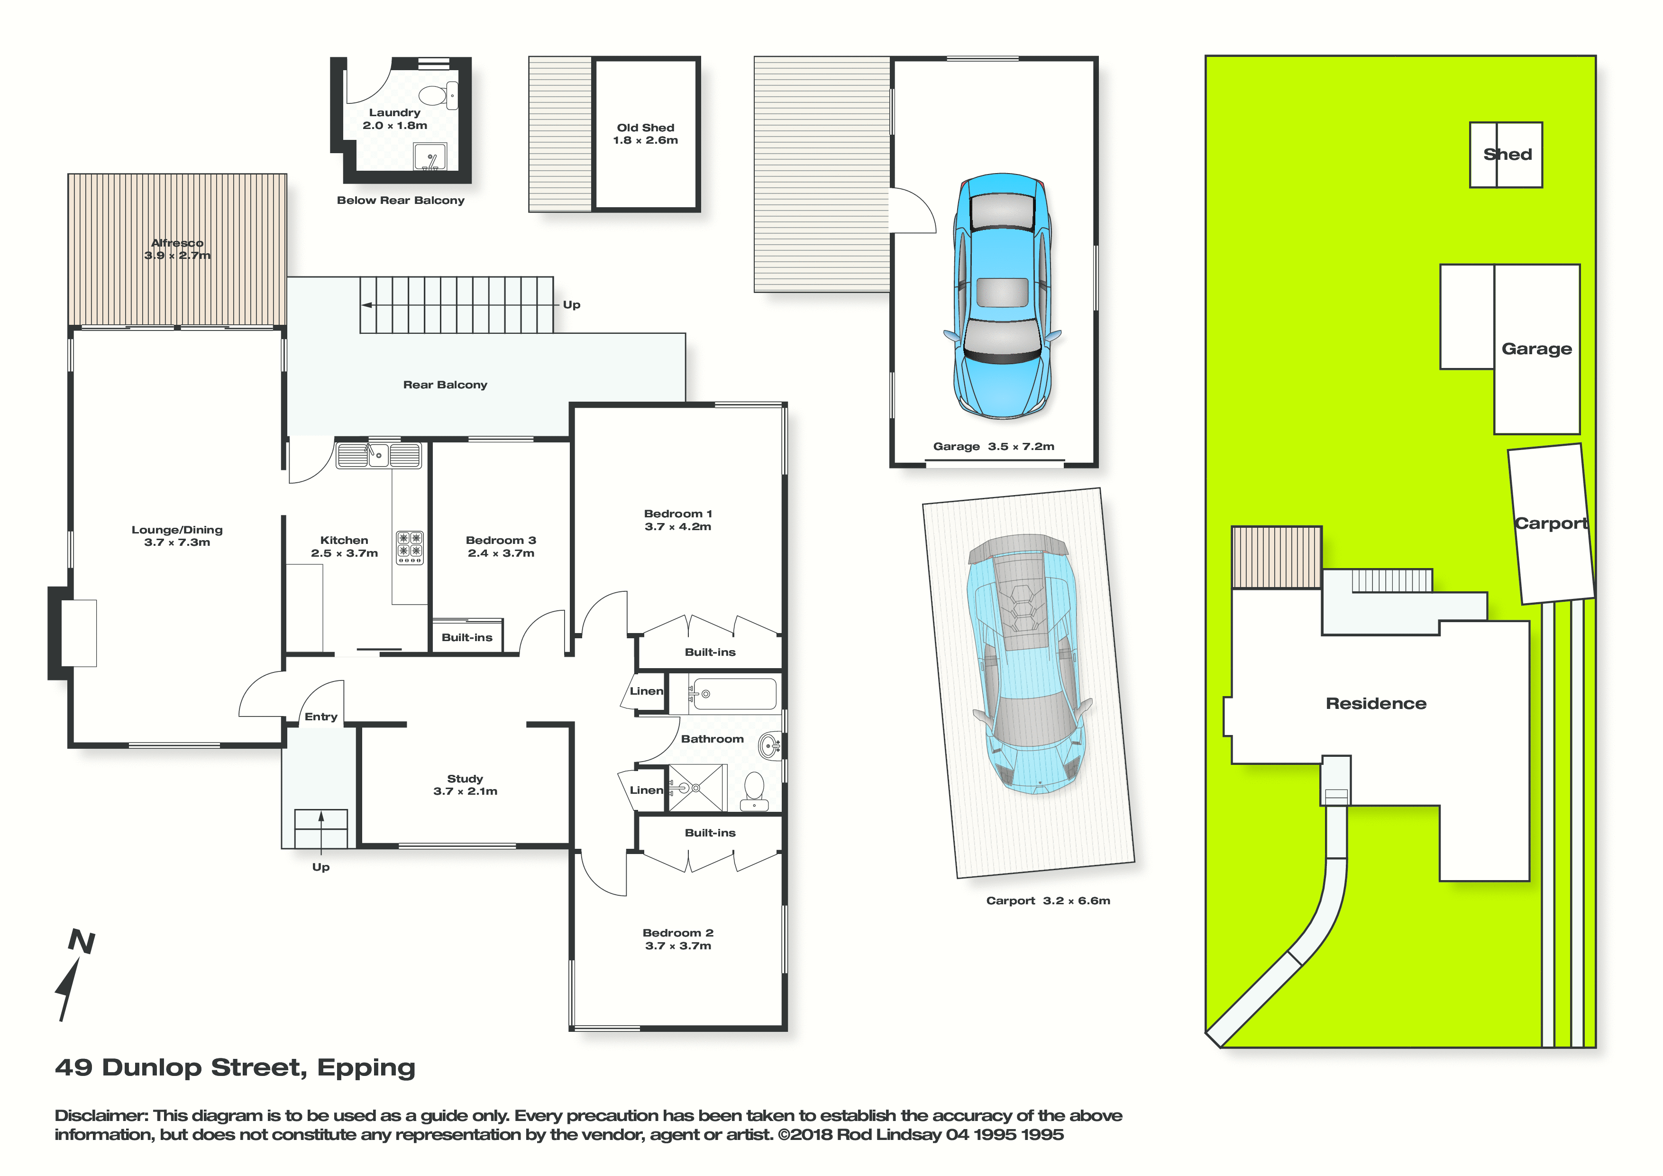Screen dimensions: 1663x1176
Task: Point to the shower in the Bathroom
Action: pyautogui.click(x=696, y=788)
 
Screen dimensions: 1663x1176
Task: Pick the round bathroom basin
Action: pyautogui.click(x=769, y=745)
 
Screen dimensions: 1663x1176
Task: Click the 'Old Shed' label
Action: pyautogui.click(x=645, y=128)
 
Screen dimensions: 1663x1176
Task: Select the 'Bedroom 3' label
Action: pyautogui.click(x=501, y=541)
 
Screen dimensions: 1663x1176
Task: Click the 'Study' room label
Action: pyautogui.click(x=465, y=779)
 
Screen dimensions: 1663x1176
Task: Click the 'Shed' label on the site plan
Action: pyautogui.click(x=1508, y=154)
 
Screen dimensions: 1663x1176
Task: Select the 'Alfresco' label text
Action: pyautogui.click(x=177, y=243)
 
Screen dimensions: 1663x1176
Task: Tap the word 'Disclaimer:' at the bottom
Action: pyautogui.click(x=101, y=1116)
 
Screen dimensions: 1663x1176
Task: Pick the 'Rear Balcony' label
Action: pyautogui.click(x=446, y=385)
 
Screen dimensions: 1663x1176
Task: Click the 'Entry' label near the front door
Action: pyautogui.click(x=321, y=717)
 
